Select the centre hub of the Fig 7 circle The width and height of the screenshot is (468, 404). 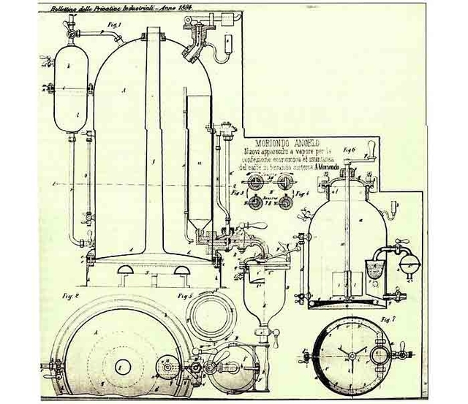pyautogui.click(x=350, y=356)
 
